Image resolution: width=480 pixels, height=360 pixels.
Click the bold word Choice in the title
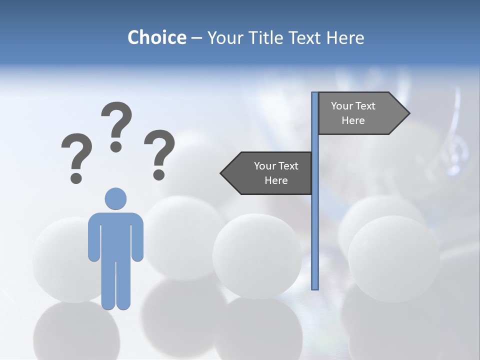click(156, 37)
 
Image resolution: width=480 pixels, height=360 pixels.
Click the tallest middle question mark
click(116, 125)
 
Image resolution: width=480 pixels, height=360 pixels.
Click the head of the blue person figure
click(115, 198)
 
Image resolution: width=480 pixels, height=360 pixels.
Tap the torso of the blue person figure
click(115, 235)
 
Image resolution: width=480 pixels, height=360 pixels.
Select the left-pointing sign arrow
click(267, 173)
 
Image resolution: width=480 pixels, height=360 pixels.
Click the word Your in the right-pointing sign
click(341, 106)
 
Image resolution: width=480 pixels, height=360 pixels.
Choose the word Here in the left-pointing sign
click(276, 180)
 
